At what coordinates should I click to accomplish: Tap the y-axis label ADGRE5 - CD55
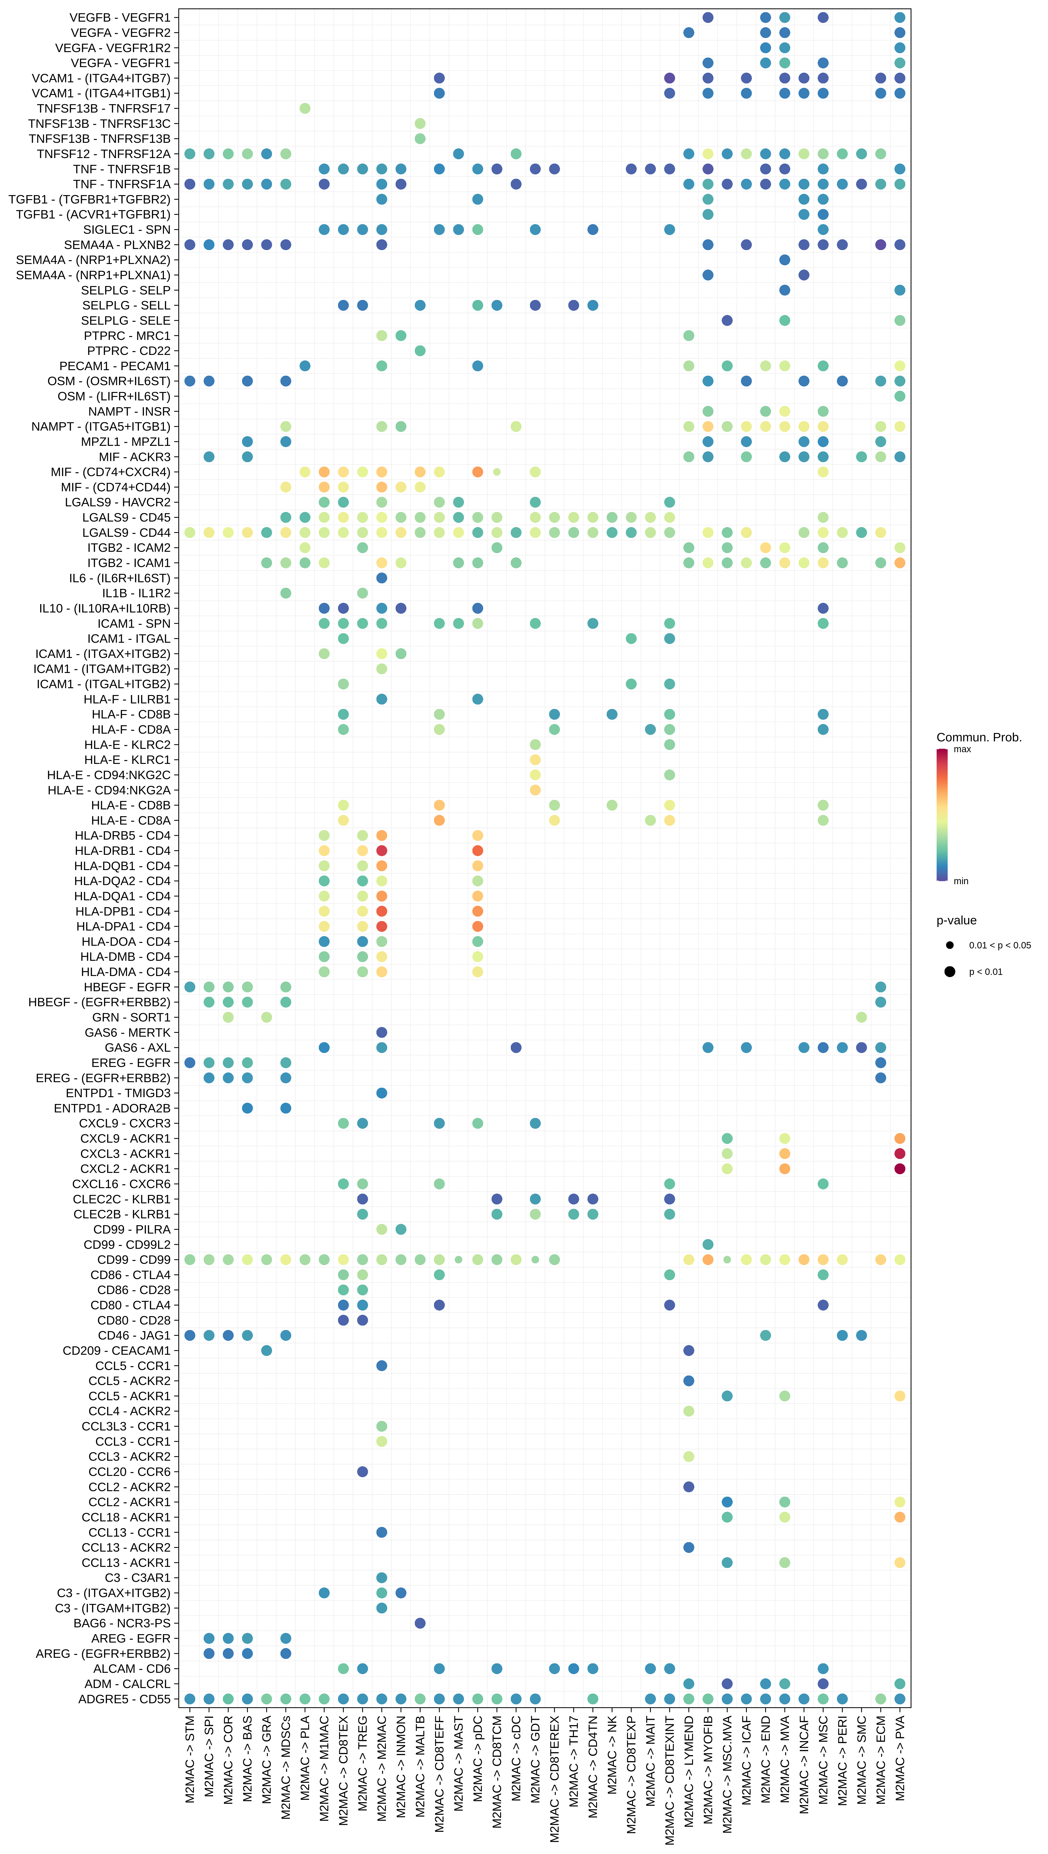tap(124, 1699)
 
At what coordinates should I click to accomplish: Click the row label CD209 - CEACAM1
tap(117, 1351)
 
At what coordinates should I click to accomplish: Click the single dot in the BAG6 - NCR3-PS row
tap(420, 1623)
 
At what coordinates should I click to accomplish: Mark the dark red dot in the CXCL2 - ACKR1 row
tap(900, 1168)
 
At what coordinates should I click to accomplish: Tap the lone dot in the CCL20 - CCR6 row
tap(363, 1472)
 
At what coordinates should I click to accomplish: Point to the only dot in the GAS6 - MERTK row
tap(382, 1033)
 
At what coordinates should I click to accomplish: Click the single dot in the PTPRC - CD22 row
tap(420, 351)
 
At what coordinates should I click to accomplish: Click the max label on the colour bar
tap(962, 750)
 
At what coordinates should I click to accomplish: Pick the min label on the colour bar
tap(961, 881)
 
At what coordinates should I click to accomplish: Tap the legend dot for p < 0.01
tap(950, 972)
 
